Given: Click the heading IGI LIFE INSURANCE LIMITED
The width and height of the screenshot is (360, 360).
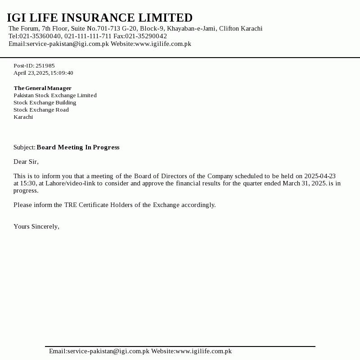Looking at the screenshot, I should [99, 18].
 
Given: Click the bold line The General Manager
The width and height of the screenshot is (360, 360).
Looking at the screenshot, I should [42, 88].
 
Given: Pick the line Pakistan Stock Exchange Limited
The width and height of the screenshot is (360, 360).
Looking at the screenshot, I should [55, 95].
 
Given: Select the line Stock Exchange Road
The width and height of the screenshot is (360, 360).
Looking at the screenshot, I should [41, 110].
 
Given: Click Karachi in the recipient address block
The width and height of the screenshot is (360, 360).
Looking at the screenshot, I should [23, 117].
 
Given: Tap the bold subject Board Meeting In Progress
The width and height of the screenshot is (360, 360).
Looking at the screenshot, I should [78, 148].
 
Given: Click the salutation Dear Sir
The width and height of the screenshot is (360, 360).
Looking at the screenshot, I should [26, 162].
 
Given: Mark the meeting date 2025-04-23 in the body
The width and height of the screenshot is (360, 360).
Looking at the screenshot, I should [320, 176].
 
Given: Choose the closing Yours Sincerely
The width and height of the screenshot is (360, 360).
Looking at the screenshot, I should [36, 226].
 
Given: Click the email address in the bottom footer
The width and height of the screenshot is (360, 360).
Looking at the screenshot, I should [108, 351].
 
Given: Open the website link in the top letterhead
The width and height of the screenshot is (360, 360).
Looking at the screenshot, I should [163, 44].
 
